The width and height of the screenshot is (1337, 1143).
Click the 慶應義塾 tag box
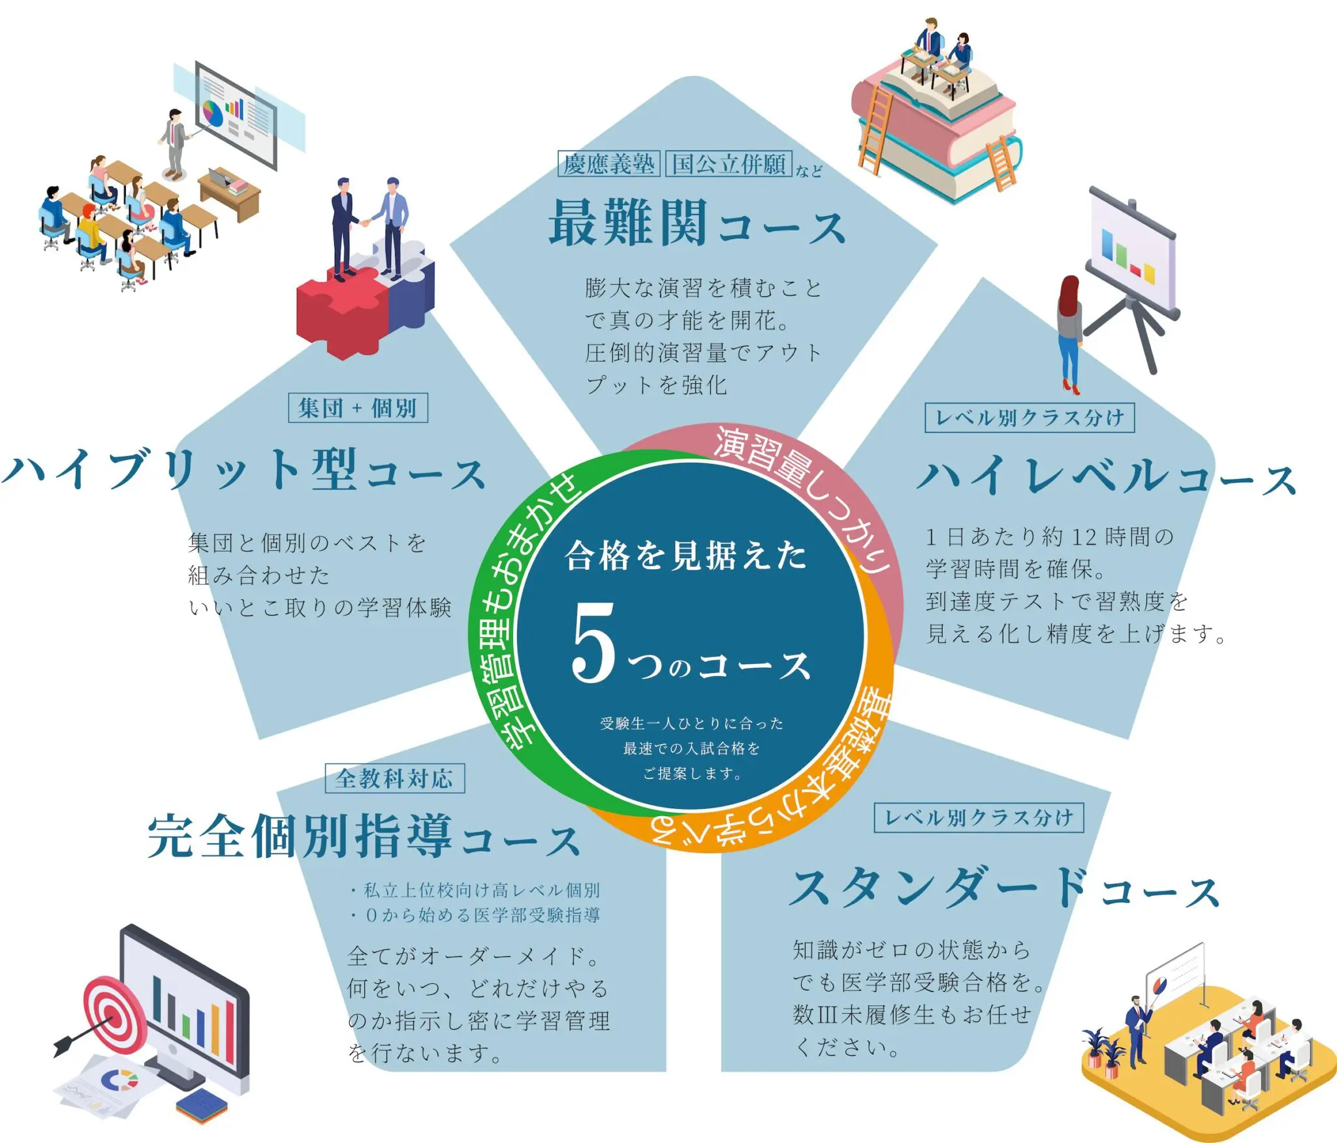(x=609, y=163)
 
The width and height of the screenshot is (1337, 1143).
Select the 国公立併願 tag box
(x=729, y=163)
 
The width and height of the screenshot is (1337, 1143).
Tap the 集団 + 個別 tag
(x=358, y=408)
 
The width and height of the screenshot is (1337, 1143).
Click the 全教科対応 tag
(x=395, y=778)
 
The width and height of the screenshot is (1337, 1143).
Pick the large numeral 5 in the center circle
(x=594, y=642)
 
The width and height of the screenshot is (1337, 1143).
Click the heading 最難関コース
(x=697, y=224)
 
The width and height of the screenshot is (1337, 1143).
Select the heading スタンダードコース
(x=1003, y=888)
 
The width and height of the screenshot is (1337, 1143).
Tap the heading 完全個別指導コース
(x=364, y=836)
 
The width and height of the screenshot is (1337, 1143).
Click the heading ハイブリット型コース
(x=244, y=469)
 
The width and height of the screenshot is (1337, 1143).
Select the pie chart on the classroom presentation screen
(x=213, y=112)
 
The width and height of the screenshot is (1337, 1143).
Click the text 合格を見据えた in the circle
(x=685, y=556)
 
